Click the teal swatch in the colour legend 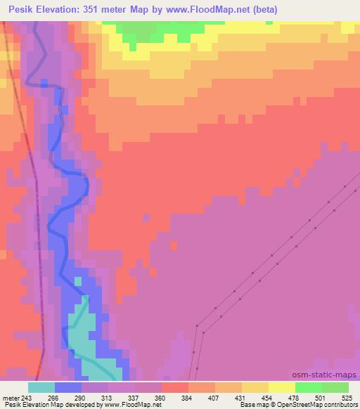click(41, 387)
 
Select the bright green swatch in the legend click(309, 387)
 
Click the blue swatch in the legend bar click(68, 387)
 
